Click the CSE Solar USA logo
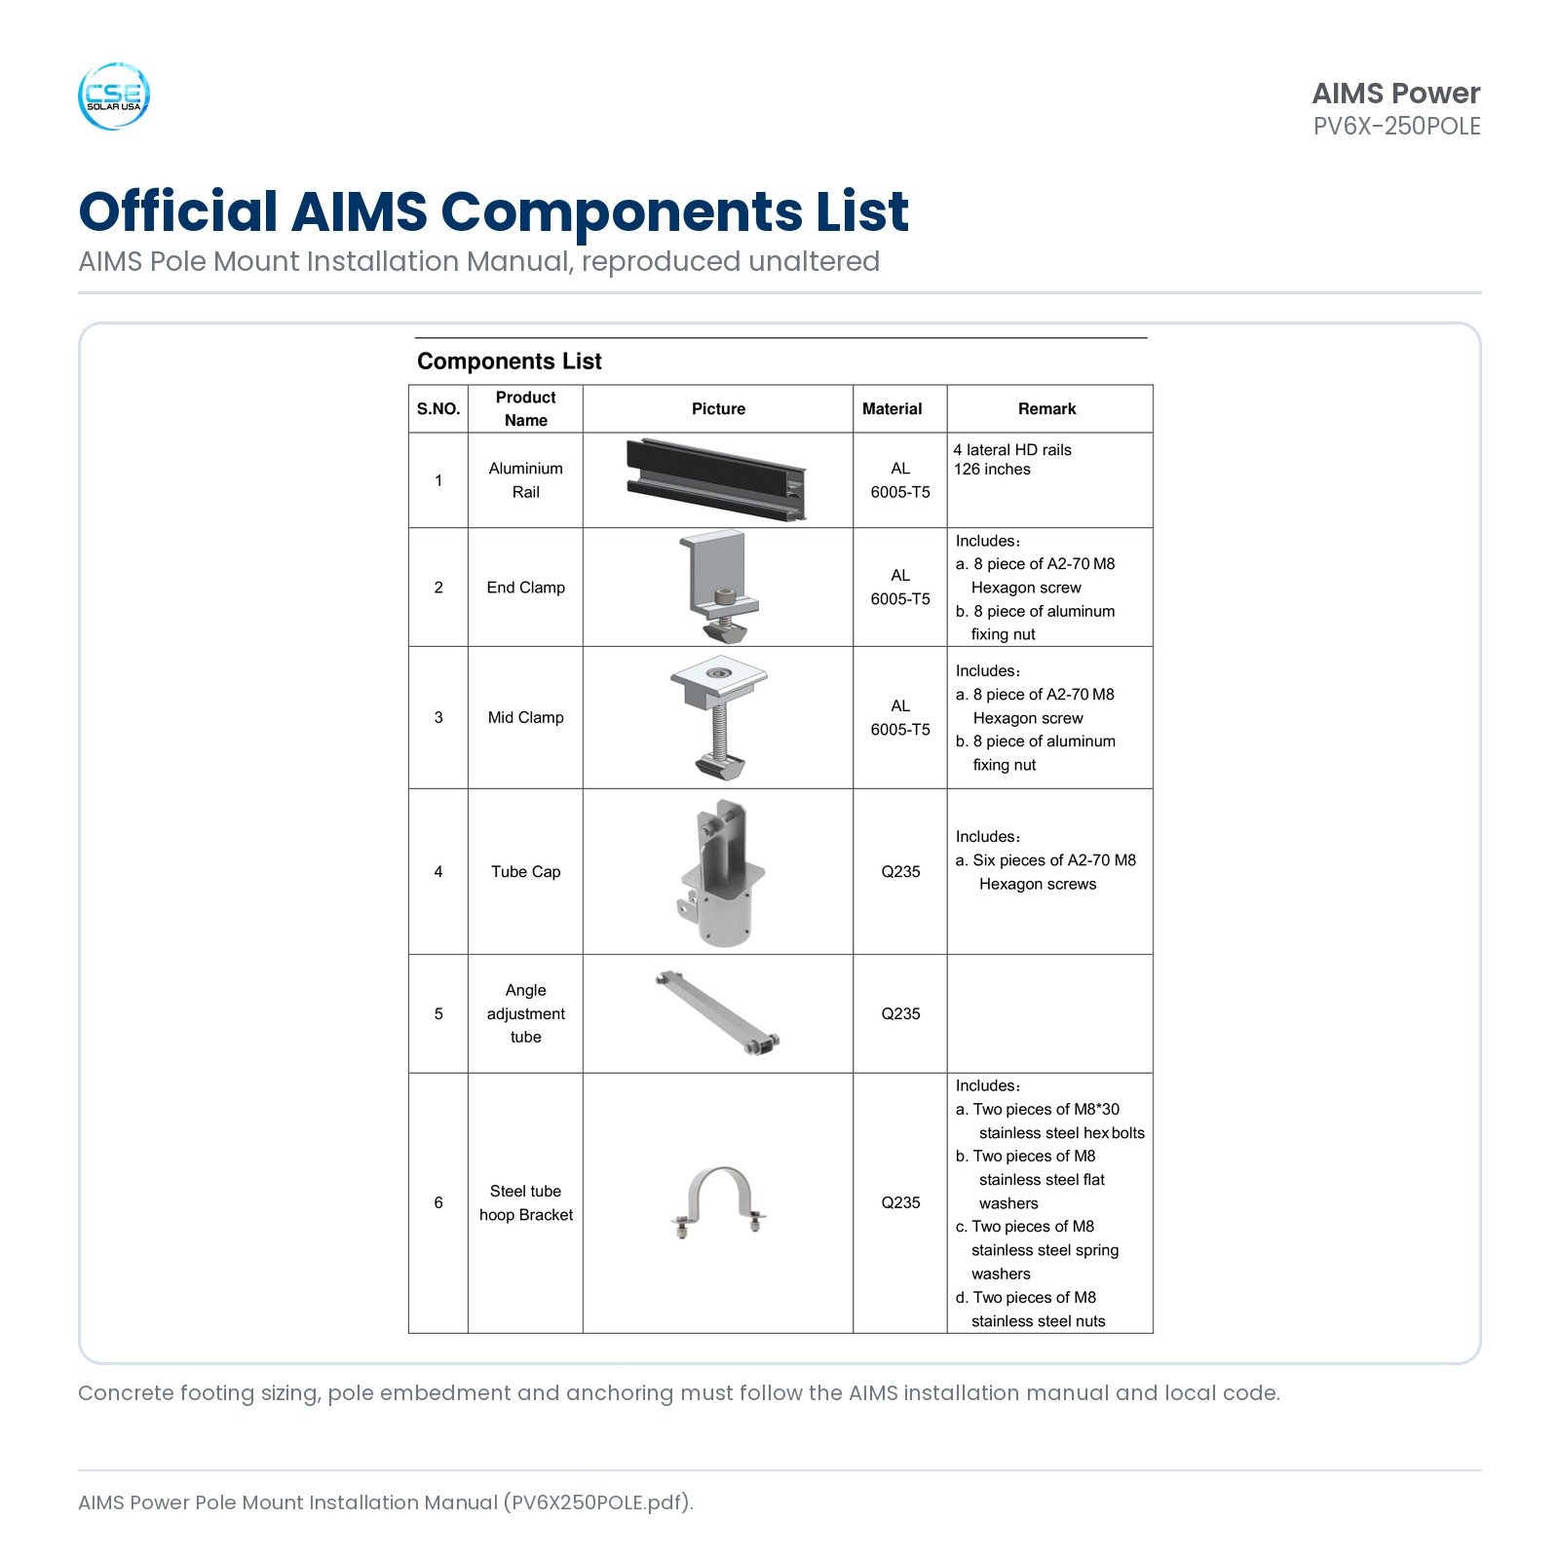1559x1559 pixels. (114, 95)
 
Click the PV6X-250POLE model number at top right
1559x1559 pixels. (1396, 127)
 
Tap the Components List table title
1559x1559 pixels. (510, 361)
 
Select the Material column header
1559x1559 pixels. (892, 409)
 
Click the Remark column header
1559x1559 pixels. (1046, 409)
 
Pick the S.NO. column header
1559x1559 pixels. (438, 409)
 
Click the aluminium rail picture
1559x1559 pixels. (717, 480)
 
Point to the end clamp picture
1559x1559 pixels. (718, 587)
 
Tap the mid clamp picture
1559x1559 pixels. (718, 717)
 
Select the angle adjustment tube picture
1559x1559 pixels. (718, 1013)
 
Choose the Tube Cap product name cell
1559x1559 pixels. (526, 872)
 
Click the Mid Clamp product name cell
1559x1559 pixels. (526, 718)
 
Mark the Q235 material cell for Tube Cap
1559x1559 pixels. (900, 872)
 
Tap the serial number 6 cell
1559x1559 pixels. (438, 1202)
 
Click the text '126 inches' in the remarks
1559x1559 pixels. (992, 470)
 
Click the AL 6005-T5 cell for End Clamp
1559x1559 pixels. (900, 588)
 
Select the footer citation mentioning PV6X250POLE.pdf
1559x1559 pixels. (386, 1502)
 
